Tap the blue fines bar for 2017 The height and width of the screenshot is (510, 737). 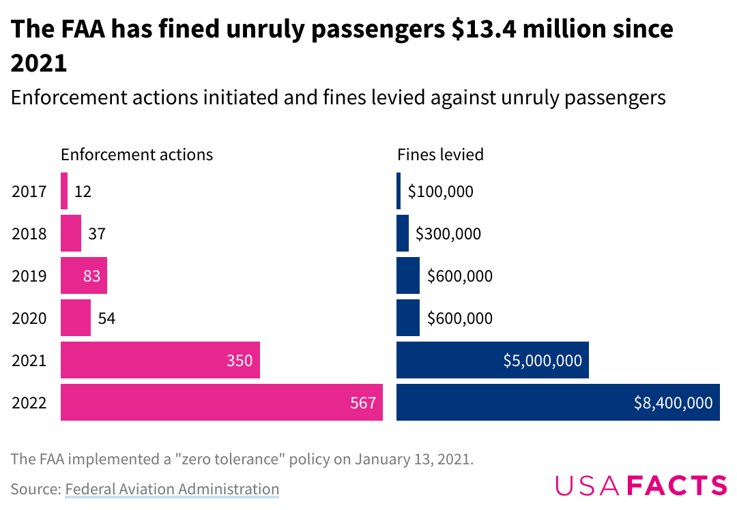pyautogui.click(x=399, y=191)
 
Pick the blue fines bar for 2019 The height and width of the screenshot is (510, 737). pyautogui.click(x=408, y=275)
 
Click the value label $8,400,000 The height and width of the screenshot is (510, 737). pyautogui.click(x=673, y=403)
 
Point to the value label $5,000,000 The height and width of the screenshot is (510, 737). pyautogui.click(x=543, y=361)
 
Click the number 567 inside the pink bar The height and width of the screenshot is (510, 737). pyautogui.click(x=363, y=403)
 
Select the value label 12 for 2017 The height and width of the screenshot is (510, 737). pyautogui.click(x=83, y=192)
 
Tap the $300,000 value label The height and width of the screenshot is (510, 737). pyautogui.click(x=448, y=234)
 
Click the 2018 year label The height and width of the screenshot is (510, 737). pyautogui.click(x=29, y=234)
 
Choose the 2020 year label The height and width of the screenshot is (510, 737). pyautogui.click(x=29, y=318)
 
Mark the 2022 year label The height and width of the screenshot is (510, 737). pyautogui.click(x=29, y=403)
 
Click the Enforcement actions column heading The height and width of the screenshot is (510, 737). pyautogui.click(x=136, y=155)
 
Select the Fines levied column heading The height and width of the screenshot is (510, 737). pyautogui.click(x=440, y=155)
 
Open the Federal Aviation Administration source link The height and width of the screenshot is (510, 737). pyautogui.click(x=172, y=489)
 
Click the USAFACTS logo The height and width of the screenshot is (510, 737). pyautogui.click(x=641, y=485)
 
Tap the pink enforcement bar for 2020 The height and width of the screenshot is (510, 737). pyautogui.click(x=76, y=318)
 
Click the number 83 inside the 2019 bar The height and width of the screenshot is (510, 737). pyautogui.click(x=91, y=276)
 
